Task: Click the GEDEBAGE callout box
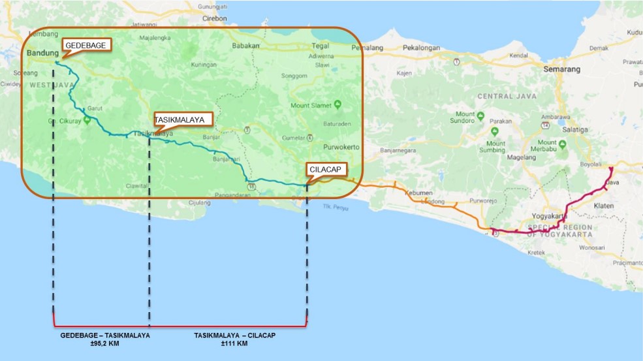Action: (86, 44)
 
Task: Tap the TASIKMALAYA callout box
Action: (183, 119)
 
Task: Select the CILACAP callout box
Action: (326, 168)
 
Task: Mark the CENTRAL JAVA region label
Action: (507, 97)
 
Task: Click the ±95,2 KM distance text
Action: (105, 343)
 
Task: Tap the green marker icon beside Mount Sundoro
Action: (480, 116)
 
